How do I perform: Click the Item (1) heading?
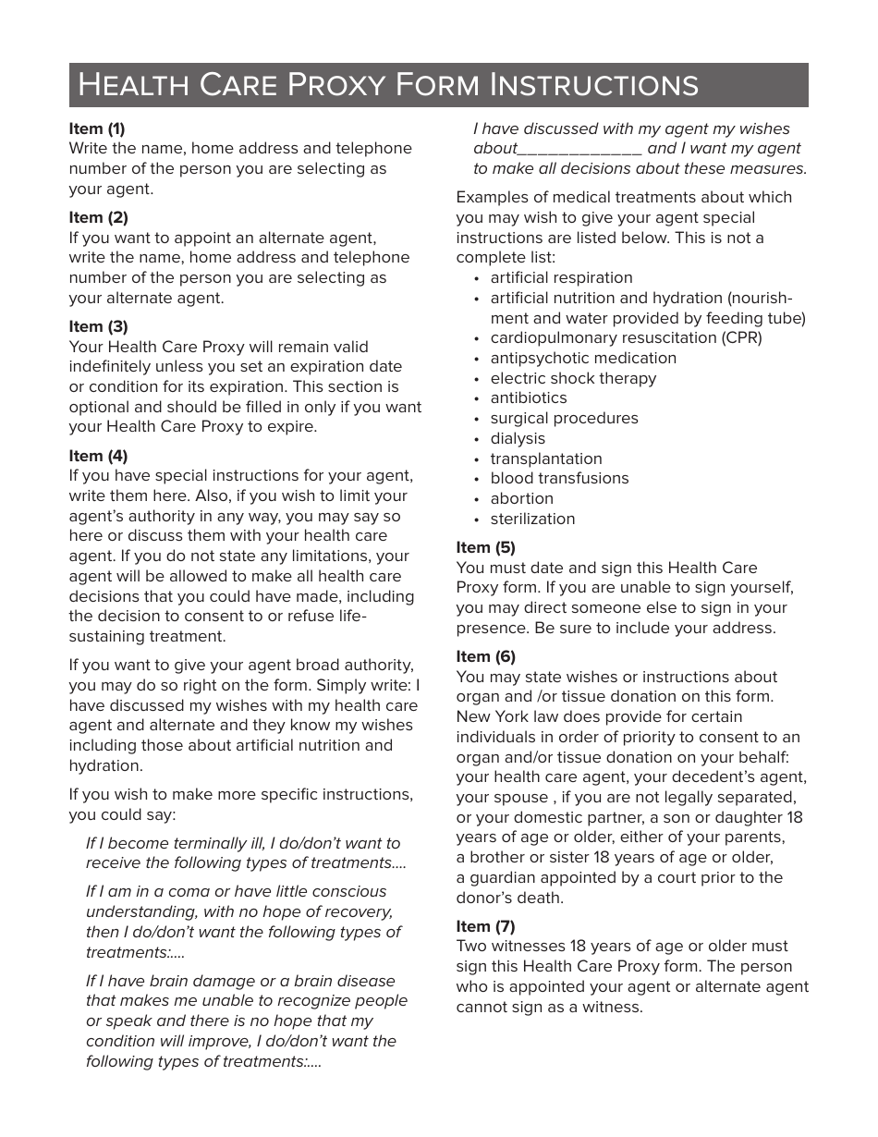click(97, 128)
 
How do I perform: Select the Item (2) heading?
click(98, 217)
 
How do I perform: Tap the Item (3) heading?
click(98, 326)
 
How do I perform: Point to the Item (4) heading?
click(98, 456)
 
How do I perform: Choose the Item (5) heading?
click(485, 547)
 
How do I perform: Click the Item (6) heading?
click(485, 656)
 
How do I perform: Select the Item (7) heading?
click(485, 926)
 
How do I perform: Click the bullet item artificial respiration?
click(561, 277)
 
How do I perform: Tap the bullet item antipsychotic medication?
click(583, 358)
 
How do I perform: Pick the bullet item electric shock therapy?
click(573, 378)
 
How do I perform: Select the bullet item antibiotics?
click(529, 397)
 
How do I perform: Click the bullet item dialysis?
click(518, 438)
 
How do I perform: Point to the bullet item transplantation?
click(546, 458)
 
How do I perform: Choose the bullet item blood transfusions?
click(559, 478)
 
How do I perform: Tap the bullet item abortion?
click(521, 498)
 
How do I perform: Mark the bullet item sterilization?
click(532, 519)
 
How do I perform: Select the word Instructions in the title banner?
click(593, 85)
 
